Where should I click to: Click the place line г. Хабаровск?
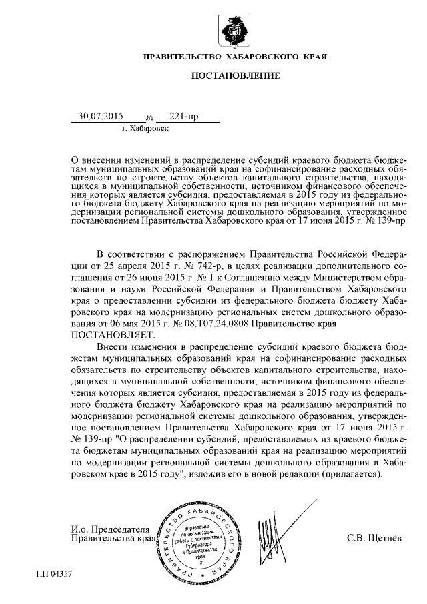[145, 128]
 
